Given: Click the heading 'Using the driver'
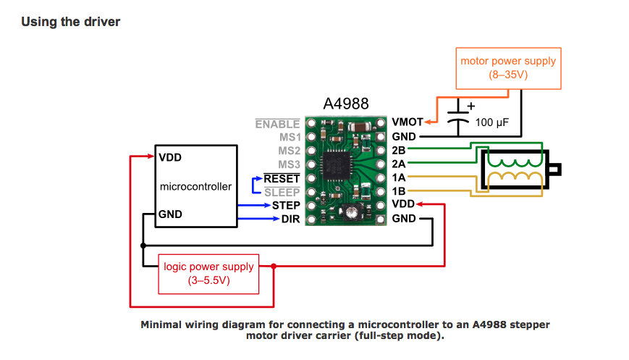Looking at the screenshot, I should click(70, 22).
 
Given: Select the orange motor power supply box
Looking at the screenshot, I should click(508, 69).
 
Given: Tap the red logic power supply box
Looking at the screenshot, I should click(208, 273).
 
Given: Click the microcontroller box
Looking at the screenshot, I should click(195, 186).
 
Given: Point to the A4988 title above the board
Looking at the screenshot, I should click(347, 104).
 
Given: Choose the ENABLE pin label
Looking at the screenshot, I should click(277, 125).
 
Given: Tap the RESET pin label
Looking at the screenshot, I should click(282, 178).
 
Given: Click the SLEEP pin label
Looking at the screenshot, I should click(282, 192).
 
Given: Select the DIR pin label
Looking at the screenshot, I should click(290, 219).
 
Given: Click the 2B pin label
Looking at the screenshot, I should click(399, 150).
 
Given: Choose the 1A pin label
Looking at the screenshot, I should click(399, 177).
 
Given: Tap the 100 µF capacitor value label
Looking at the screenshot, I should click(493, 122).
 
